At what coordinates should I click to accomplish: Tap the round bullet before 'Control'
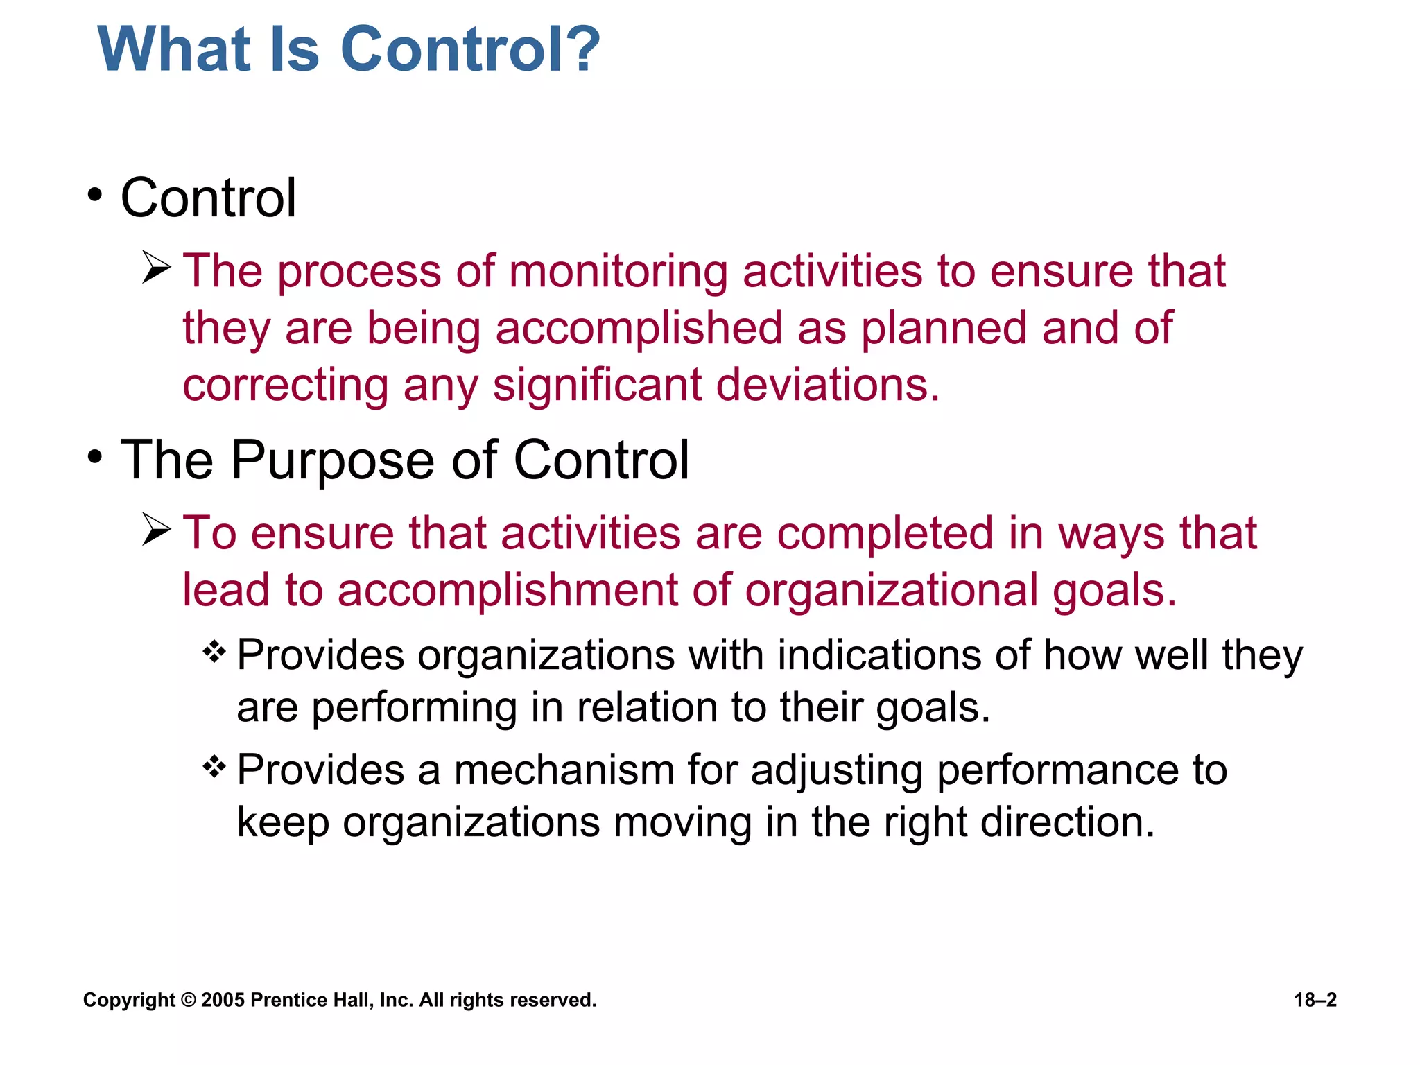tap(95, 195)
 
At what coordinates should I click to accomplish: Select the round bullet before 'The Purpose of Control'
tap(95, 457)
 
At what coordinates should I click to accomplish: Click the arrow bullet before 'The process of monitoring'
tap(157, 268)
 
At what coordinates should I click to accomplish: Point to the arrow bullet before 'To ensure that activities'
tap(157, 530)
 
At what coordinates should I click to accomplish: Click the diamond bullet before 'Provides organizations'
tap(214, 652)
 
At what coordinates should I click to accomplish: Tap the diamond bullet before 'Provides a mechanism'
tap(214, 767)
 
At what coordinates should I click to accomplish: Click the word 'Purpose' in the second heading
tap(327, 460)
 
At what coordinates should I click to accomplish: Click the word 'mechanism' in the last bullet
tap(564, 770)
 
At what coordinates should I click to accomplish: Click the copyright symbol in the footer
tap(188, 1000)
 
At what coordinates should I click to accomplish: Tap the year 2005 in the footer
tap(223, 1000)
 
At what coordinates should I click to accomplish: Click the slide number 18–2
tap(1315, 1000)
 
